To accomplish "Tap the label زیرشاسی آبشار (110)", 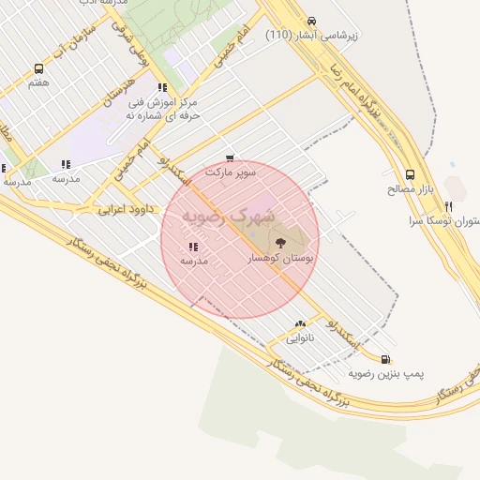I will tap(312, 36).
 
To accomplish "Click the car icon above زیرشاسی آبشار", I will tap(311, 21).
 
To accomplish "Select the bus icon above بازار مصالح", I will tap(410, 174).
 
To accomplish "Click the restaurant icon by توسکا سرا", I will tap(448, 206).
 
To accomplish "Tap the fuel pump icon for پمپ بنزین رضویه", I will tap(386, 358).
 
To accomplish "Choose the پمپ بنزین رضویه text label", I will tap(386, 373).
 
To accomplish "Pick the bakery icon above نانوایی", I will tap(300, 323).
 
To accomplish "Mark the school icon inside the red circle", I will tap(193, 247).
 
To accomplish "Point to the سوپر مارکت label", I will tap(231, 173).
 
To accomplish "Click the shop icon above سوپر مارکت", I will tap(231, 158).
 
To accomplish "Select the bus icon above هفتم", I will tap(38, 68).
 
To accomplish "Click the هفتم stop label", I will tap(38, 83).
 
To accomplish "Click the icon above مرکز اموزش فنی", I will tap(162, 86).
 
